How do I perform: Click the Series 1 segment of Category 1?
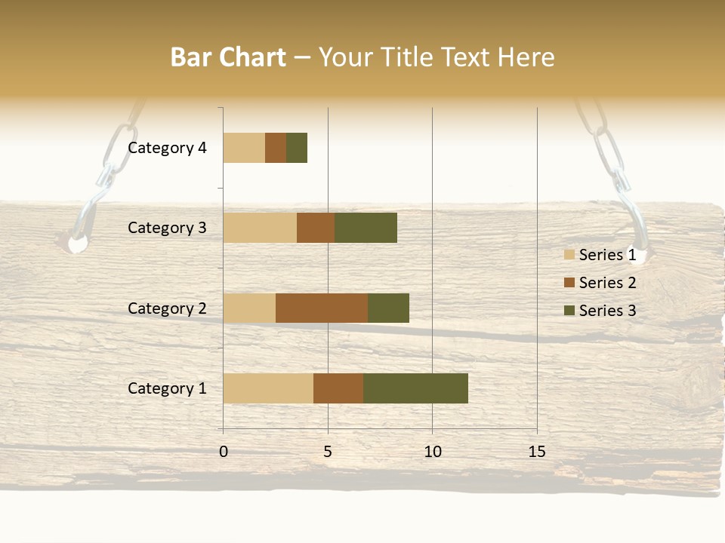pos(268,388)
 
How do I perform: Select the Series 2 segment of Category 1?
pos(338,388)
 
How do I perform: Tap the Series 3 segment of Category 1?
pos(415,388)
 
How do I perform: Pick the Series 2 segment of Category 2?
pos(322,308)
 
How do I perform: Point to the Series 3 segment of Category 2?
pos(388,308)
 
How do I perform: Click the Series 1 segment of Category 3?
pos(260,228)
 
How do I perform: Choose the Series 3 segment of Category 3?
pos(366,228)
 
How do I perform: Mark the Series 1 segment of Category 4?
pos(244,148)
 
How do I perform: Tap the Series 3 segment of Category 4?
pos(297,148)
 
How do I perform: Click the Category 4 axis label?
pos(167,148)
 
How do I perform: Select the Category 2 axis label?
pos(167,308)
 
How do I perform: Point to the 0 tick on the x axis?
pos(224,452)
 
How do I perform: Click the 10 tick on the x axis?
pos(432,452)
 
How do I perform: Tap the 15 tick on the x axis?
pos(536,452)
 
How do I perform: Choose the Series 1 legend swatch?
pos(569,255)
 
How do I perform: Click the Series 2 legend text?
pos(607,283)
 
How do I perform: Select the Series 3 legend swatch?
pos(569,311)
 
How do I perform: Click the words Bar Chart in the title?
pos(228,57)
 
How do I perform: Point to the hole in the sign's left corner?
pos(77,244)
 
